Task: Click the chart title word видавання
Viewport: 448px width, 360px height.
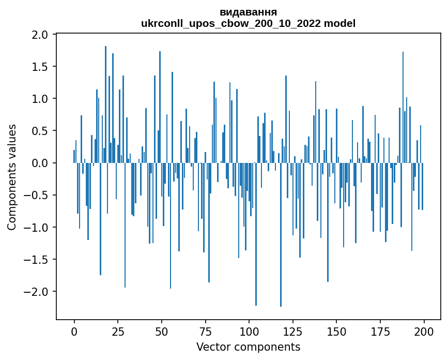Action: tap(248, 12)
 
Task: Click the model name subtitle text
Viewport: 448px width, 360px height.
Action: tap(248, 23)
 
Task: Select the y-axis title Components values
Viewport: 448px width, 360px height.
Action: tap(12, 177)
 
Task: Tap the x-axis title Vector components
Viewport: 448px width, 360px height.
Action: tap(248, 347)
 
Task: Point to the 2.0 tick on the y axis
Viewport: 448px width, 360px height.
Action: tap(40, 35)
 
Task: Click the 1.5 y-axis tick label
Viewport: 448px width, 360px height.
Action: tap(40, 67)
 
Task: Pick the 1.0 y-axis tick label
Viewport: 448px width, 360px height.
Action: tap(40, 99)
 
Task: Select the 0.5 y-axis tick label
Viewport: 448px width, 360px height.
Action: tap(40, 131)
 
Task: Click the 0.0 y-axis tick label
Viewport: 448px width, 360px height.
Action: tap(40, 163)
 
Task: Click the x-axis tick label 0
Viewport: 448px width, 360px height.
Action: tap(74, 331)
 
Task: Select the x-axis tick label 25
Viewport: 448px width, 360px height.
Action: tap(118, 331)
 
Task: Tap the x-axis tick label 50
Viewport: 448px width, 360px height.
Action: tap(162, 331)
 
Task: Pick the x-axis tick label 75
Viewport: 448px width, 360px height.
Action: tap(205, 331)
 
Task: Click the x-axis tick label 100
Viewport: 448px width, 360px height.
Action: tap(249, 331)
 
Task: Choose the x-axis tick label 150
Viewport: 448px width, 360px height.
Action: tap(336, 331)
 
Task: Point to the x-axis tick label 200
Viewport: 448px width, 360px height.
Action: tap(424, 331)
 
